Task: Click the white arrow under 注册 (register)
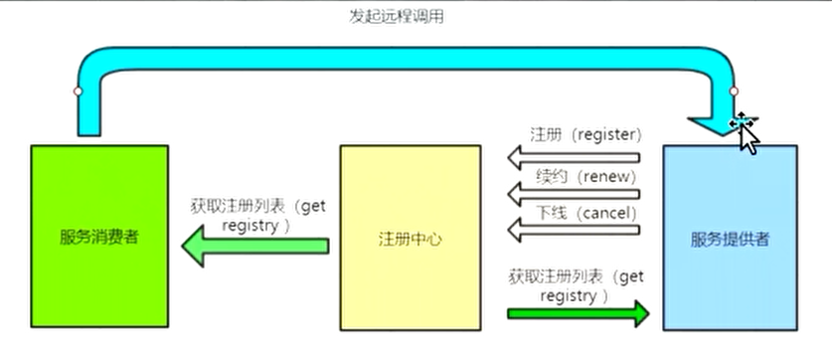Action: point(573,156)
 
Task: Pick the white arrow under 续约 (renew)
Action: point(573,193)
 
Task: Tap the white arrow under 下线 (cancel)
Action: point(573,231)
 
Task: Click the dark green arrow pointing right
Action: point(578,313)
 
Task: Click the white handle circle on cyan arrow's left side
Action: point(78,90)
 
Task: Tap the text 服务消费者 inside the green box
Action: point(98,238)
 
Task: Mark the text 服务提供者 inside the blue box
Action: point(730,239)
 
